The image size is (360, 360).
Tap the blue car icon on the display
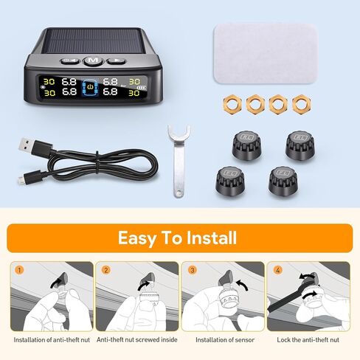pyautogui.click(x=90, y=88)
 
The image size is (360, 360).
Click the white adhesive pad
pyautogui.click(x=266, y=54)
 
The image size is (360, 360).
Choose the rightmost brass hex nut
pyautogui.click(x=302, y=104)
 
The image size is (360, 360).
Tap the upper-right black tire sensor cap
pyautogui.click(x=300, y=145)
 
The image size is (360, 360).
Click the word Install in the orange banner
pyautogui.click(x=212, y=238)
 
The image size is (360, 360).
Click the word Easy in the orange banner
pyautogui.click(x=137, y=238)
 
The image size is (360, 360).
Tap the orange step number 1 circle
pyautogui.click(x=19, y=270)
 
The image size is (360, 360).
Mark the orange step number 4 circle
pyautogui.click(x=277, y=270)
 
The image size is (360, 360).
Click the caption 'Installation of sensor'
pyautogui.click(x=225, y=340)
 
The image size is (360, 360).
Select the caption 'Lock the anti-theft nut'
pyautogui.click(x=308, y=340)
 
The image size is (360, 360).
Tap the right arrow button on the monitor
pyautogui.click(x=117, y=60)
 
